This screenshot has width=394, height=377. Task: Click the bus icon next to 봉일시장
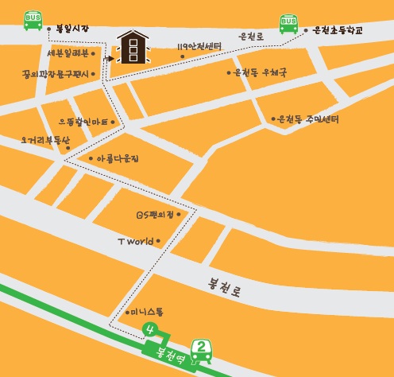pyautogui.click(x=33, y=20)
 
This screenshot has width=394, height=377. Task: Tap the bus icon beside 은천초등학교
pyautogui.click(x=288, y=24)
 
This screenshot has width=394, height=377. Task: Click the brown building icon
pyautogui.click(x=132, y=48)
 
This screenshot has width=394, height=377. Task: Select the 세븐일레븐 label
pyautogui.click(x=68, y=54)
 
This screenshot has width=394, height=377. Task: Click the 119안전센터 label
pyautogui.click(x=199, y=46)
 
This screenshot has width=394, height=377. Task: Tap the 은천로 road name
pyautogui.click(x=251, y=37)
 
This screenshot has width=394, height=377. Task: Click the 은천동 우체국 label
pyautogui.click(x=259, y=72)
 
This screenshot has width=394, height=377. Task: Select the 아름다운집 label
pyautogui.click(x=118, y=159)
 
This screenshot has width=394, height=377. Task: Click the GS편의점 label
pyautogui.click(x=155, y=215)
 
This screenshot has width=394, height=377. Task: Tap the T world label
pyautogui.click(x=134, y=240)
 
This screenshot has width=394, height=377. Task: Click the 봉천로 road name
pyautogui.click(x=223, y=286)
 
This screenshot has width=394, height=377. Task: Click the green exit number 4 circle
pyautogui.click(x=148, y=328)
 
